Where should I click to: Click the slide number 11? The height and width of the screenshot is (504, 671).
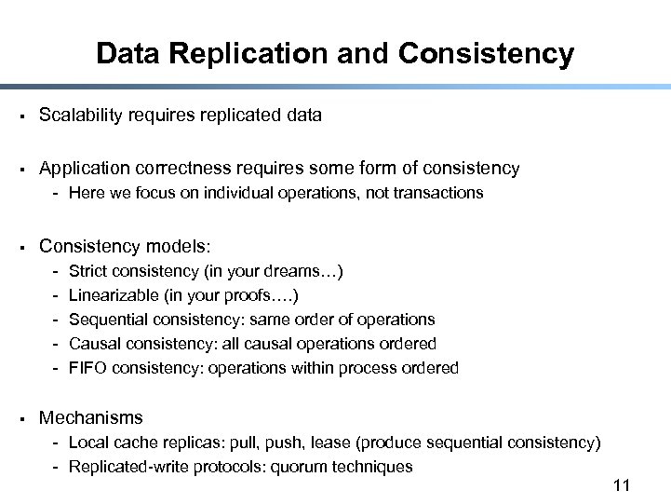click(x=623, y=485)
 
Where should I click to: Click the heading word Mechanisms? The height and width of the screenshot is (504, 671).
click(x=91, y=418)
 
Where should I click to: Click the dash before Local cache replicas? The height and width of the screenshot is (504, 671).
click(x=57, y=443)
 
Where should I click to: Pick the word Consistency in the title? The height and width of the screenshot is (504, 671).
click(x=486, y=54)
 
